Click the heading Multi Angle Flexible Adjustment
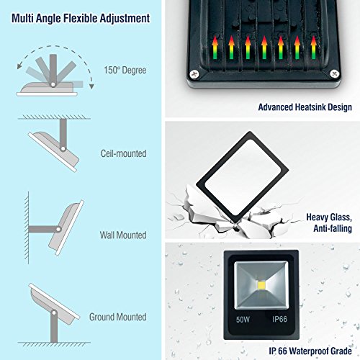(81, 19)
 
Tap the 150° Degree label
(125, 71)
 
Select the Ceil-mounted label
(124, 153)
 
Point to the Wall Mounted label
(123, 235)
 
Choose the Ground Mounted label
(118, 317)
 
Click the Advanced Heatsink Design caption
(305, 107)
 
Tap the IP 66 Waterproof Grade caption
(310, 351)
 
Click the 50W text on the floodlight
(243, 320)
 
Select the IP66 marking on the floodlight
(279, 319)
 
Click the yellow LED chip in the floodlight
(261, 286)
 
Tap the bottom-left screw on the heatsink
(194, 74)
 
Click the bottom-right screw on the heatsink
(334, 73)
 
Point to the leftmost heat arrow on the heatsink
(215, 48)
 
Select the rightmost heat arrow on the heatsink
(313, 48)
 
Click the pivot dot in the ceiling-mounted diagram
(63, 149)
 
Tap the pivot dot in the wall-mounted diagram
(58, 229)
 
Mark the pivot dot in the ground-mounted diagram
(54, 312)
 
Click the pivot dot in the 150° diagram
(53, 84)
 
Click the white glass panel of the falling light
(243, 177)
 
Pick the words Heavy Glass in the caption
(329, 217)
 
